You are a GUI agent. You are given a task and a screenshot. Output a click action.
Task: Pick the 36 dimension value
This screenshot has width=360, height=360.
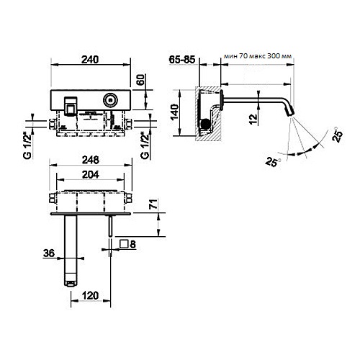point(48,252)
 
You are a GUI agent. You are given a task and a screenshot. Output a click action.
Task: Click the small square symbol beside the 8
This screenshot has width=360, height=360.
point(124,243)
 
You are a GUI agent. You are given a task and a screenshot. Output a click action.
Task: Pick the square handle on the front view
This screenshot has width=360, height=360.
point(71,105)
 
